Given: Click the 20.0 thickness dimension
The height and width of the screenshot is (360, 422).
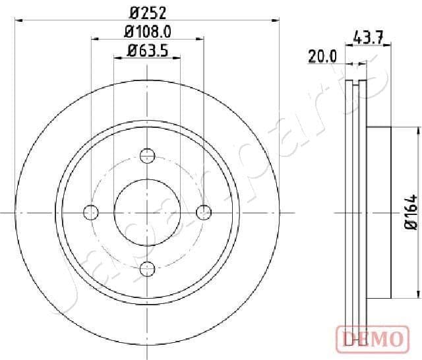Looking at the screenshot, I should [322, 57].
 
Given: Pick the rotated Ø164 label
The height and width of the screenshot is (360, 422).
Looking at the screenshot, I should [411, 212].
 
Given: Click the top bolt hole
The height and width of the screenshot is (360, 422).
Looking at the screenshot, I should [148, 156].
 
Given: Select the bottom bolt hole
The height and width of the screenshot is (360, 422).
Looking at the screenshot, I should [148, 268].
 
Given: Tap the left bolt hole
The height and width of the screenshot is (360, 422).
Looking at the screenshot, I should [91, 212].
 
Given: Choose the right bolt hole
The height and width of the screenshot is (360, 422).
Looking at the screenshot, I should [204, 212].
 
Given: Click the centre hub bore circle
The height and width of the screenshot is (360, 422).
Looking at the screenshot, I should [148, 212].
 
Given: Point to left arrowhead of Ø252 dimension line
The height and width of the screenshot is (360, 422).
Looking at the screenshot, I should [17, 20].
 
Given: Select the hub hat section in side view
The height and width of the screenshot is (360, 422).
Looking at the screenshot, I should [379, 212].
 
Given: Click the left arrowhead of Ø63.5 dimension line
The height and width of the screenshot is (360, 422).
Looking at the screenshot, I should [117, 58].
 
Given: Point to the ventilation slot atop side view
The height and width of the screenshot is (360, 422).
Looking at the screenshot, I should [357, 84].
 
